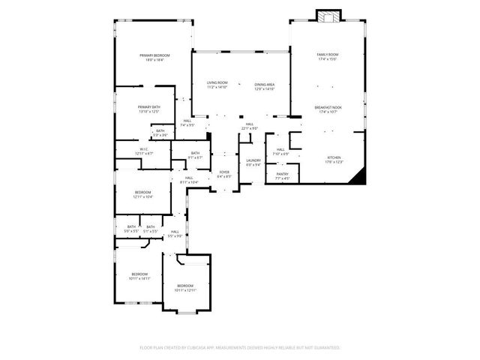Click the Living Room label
[217, 85]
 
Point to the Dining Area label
[264, 85]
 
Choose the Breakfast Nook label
[328, 109]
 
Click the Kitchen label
[334, 158]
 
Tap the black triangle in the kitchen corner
[361, 178]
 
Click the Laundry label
[253, 161]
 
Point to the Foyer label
[224, 173]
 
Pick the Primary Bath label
[149, 108]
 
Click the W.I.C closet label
[143, 149]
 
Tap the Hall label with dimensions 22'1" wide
[250, 124]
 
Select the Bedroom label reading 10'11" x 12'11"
[185, 286]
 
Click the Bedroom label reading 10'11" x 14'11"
[140, 274]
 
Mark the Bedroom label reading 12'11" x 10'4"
[143, 193]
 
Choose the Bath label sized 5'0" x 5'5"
[131, 228]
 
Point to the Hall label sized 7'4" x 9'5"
[187, 122]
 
